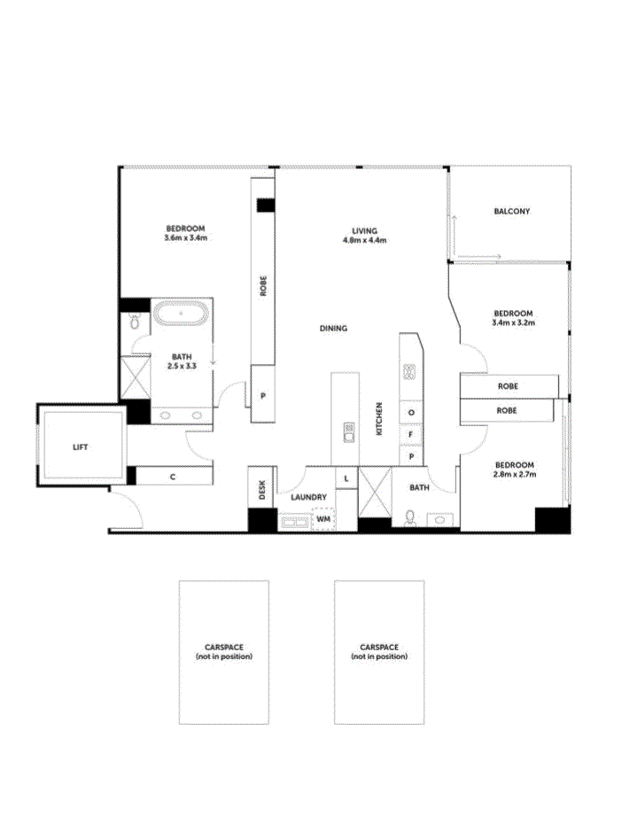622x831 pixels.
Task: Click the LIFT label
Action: pos(81,447)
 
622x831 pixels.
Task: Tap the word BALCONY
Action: pos(512,212)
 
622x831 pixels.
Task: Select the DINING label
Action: pos(333,329)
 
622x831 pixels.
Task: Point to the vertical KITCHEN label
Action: pos(378,418)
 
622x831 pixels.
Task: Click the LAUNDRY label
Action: pos(309,497)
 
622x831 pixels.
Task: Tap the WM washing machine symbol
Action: pos(323,518)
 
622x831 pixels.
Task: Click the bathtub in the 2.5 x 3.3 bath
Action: pos(182,315)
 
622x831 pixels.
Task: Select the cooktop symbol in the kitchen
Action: pos(410,372)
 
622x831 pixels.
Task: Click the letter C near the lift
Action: pos(173,477)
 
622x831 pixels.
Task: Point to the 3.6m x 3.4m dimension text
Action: pos(185,237)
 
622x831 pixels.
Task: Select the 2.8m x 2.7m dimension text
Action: pos(514,475)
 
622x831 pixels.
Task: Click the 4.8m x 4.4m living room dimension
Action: pos(363,239)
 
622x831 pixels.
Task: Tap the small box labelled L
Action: pos(346,478)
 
